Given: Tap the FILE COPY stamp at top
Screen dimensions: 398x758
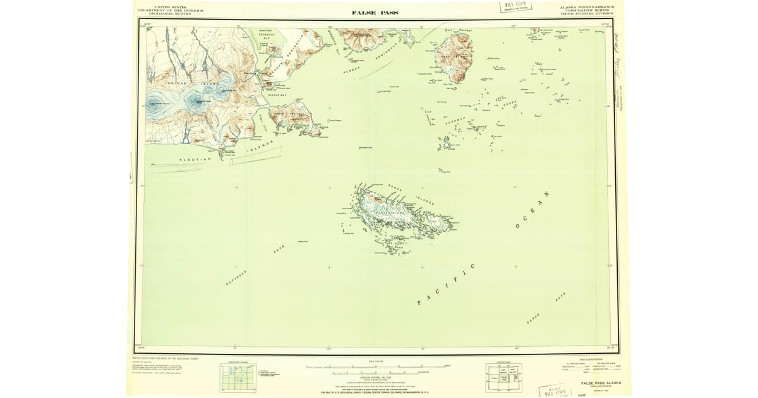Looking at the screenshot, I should pos(516,6).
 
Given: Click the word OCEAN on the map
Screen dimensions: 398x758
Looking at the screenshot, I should pos(533,210).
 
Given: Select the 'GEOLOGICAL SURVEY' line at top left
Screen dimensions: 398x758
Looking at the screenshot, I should pos(170,13).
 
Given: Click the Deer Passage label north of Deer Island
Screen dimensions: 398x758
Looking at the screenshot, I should pos(459,29).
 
